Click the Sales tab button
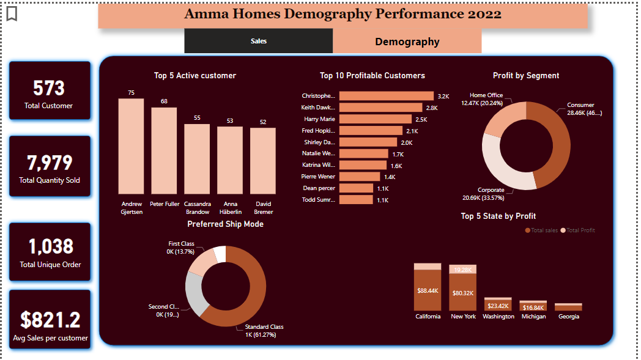pos(258,41)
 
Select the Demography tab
pos(407,42)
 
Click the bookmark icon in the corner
pos(12,13)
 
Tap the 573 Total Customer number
pos(49,88)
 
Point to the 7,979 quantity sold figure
pos(49,163)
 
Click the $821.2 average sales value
pos(50,319)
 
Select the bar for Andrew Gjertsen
pos(131,147)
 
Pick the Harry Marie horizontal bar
pos(375,119)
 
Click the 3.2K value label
pos(443,96)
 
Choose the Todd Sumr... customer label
pos(319,200)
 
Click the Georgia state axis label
pos(568,317)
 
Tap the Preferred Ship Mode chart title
pos(225,224)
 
